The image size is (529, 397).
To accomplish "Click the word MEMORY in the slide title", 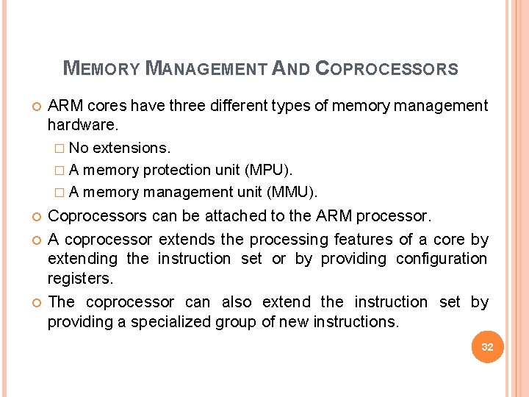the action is tap(101, 69).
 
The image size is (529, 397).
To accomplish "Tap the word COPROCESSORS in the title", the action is tap(386, 69).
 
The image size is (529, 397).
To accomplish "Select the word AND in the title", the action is tap(290, 69).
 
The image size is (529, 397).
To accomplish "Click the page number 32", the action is tap(487, 346).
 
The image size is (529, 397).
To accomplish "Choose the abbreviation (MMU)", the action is tap(293, 193).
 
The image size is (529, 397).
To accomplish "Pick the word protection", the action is tap(177, 170).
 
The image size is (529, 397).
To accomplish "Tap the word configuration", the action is tap(442, 259).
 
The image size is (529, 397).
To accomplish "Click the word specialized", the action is tap(184, 321).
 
